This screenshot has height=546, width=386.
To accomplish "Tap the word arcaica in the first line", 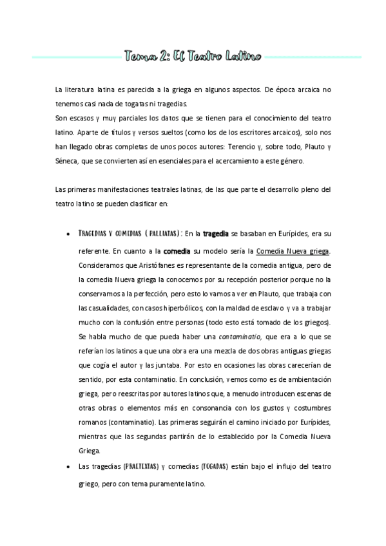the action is click(x=296, y=90).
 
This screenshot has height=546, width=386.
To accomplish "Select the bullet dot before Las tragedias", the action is click(x=68, y=466).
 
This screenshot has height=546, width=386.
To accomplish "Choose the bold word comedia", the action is click(x=177, y=250).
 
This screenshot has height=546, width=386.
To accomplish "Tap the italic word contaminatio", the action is click(x=240, y=335).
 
